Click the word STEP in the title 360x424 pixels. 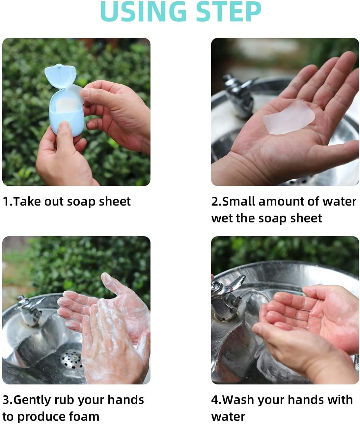point(228,12)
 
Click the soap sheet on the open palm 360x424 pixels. point(289,117)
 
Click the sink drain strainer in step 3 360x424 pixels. point(72,359)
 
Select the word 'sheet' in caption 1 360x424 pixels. point(115,202)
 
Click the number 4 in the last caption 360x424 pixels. point(214,400)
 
